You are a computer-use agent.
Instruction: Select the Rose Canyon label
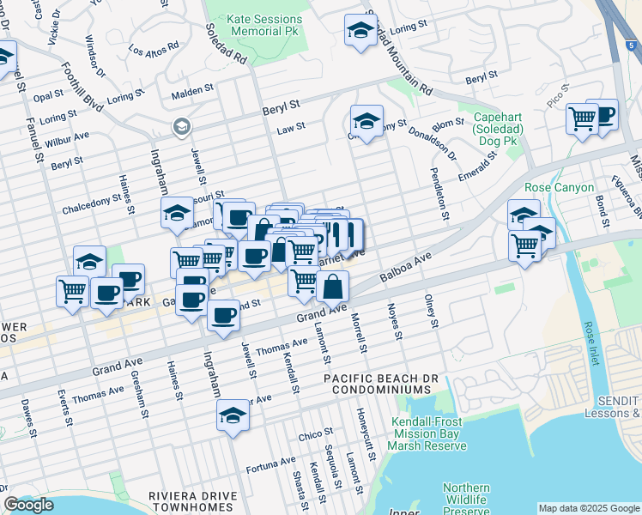tap(559, 187)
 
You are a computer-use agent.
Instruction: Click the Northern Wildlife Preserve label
tap(466, 500)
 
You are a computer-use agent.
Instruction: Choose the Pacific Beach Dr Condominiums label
tap(376, 384)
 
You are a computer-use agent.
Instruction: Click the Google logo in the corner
tap(28, 506)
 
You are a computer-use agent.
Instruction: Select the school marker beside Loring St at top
tap(360, 31)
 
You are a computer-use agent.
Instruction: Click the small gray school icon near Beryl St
tap(181, 127)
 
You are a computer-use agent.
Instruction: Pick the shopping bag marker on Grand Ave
tap(333, 287)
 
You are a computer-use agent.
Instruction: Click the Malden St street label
tap(192, 89)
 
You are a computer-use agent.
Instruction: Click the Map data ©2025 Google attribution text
tap(588, 508)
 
